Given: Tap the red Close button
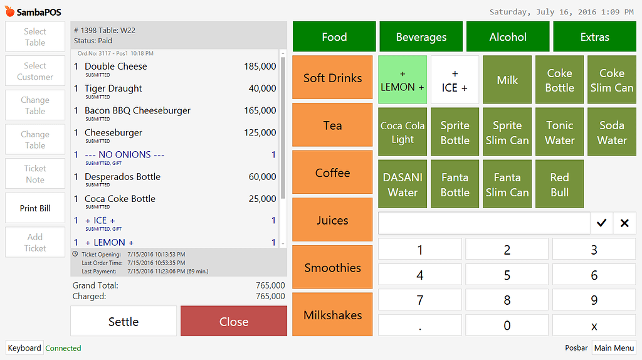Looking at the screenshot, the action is (x=234, y=321).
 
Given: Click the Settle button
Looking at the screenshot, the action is (x=124, y=321).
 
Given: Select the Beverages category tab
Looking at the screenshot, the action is (x=421, y=37).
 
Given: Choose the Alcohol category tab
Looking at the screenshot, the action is (x=508, y=37).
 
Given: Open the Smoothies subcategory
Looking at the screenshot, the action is (x=332, y=267).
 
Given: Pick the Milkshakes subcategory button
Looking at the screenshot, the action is (x=332, y=315).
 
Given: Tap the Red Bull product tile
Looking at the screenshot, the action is (x=559, y=184).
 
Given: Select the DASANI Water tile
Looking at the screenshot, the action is (x=403, y=184).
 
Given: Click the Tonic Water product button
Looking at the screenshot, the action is (x=559, y=132).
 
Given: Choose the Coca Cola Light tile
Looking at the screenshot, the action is (x=403, y=132).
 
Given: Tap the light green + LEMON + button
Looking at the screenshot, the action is (x=403, y=80).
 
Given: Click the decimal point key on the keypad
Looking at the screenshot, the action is (x=419, y=325).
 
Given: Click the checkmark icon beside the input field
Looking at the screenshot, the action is (x=601, y=223).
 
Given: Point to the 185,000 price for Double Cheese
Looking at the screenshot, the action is (x=260, y=66).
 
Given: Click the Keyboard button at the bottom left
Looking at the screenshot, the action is (x=24, y=347).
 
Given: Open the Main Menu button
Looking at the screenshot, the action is (x=614, y=347).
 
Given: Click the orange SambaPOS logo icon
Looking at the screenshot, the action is (x=10, y=11).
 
